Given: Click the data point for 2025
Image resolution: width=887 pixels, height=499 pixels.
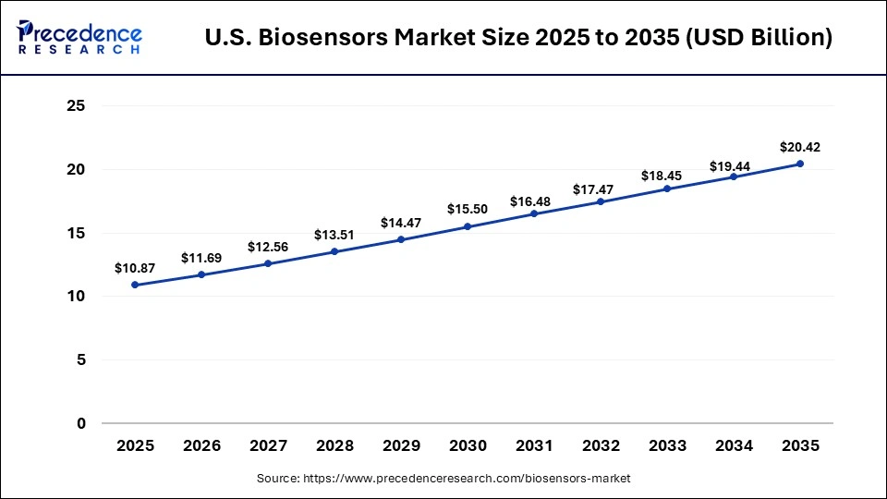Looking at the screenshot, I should pos(135,285).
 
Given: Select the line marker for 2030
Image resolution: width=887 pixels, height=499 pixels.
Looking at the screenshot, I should pos(468,226).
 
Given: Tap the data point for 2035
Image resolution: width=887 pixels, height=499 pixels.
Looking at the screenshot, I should pos(800,164).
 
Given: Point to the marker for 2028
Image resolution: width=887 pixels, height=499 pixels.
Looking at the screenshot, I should pos(334,251).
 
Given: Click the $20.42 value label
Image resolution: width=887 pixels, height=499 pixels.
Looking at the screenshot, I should pos(800,147).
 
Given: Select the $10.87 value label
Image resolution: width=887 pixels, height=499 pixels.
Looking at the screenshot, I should pos(135,268).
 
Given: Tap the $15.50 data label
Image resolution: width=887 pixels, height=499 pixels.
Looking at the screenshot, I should pos(468,210).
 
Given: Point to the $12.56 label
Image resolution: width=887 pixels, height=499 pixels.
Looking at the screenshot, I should pos(268,247).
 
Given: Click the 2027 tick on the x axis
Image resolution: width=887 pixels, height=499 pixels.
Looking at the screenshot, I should pos(268,445).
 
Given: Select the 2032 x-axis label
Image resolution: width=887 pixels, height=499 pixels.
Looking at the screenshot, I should pos(601,445).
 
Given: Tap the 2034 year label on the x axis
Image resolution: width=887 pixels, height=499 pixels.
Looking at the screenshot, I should pos(734,445).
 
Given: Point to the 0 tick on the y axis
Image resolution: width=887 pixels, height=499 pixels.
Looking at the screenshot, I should pos(81,423).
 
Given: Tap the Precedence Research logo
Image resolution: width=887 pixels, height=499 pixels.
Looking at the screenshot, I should pos(79,37).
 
